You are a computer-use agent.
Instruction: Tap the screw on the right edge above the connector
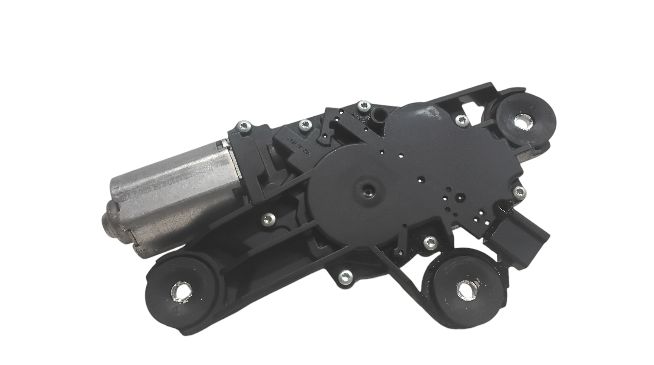(519, 192)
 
